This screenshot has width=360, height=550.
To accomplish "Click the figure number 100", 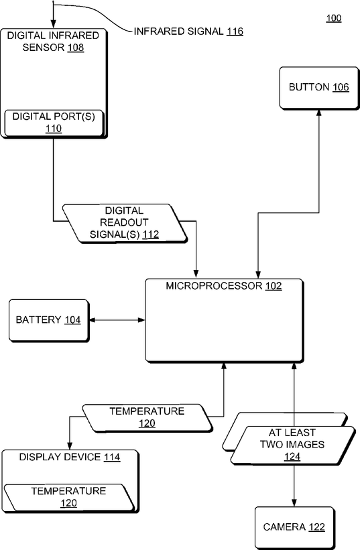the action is (334, 18).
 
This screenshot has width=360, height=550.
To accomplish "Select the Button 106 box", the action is (319, 88).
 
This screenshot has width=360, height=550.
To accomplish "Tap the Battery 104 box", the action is (49, 321).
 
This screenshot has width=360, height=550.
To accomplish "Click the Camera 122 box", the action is (294, 527).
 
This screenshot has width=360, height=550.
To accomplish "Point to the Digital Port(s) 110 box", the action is (54, 123).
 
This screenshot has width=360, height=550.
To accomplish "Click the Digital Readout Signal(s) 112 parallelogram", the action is (125, 223).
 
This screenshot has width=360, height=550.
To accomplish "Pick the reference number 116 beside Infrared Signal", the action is (235, 31).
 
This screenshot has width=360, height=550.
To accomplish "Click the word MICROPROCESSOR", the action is (214, 286).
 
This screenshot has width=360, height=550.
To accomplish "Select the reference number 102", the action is (274, 286).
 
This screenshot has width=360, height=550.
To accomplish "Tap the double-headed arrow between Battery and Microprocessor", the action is (117, 320).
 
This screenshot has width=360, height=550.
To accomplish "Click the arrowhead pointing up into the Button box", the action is (319, 113).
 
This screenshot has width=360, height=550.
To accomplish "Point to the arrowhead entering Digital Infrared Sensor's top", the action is (54, 25).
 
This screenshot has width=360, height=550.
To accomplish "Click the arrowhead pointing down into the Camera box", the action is (294, 502).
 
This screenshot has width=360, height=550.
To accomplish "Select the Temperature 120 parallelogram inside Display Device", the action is (69, 497).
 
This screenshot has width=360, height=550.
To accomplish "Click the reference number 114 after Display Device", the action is (112, 458).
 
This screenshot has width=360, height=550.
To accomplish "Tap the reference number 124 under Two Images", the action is (292, 456).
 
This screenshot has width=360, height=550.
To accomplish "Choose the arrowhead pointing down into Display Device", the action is (70, 445).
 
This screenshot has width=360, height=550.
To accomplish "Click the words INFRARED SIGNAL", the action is (178, 31).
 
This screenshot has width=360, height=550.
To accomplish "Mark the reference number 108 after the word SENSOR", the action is (76, 48).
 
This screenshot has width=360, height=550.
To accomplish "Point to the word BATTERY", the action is (39, 320).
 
